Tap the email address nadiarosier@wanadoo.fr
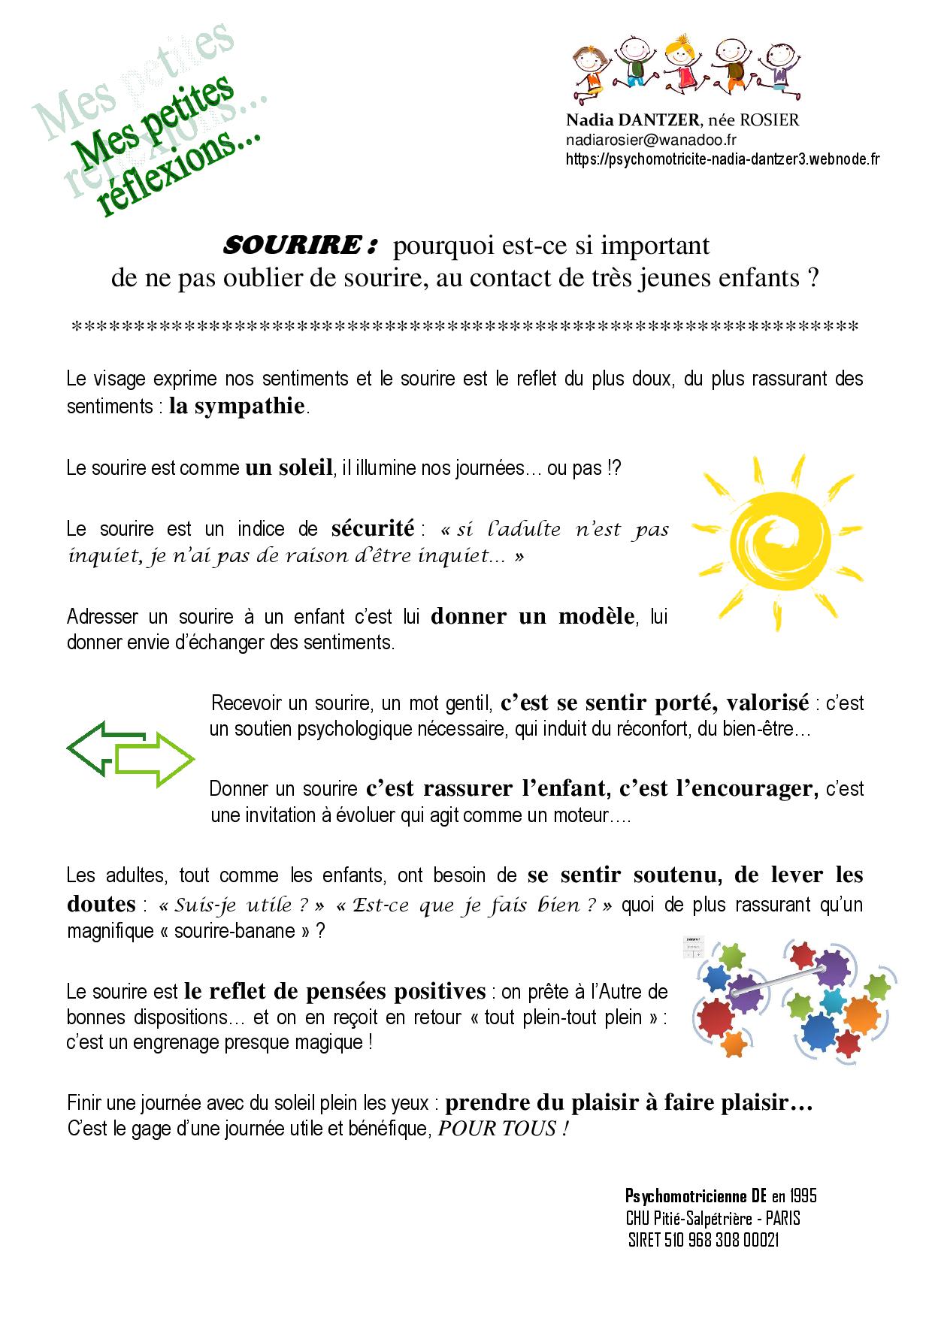tap(651, 140)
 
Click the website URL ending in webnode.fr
tap(722, 159)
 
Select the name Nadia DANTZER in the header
tap(633, 120)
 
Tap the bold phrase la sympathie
tap(238, 407)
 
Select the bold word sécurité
tap(373, 528)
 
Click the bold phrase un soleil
tap(289, 468)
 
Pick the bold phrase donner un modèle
tap(533, 617)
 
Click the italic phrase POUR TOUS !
tap(503, 1129)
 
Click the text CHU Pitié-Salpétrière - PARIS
tap(713, 1218)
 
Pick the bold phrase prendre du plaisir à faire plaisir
tap(628, 1103)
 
